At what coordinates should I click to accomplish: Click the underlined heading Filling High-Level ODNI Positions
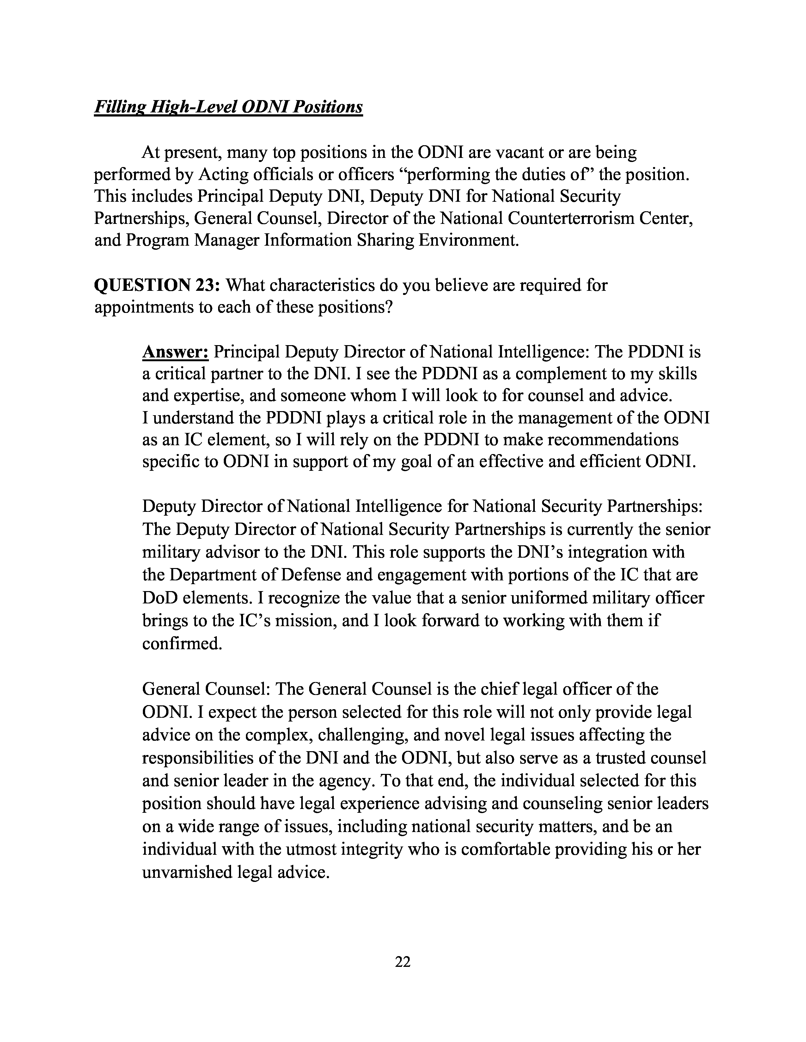228,107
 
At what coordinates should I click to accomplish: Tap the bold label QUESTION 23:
156,285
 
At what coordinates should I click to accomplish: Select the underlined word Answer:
175,352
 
